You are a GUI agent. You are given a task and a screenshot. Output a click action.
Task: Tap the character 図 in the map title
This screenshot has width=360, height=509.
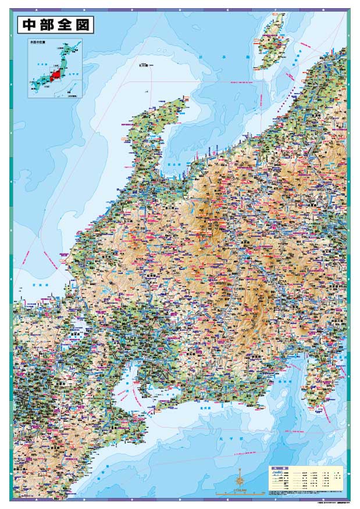[x=83, y=26]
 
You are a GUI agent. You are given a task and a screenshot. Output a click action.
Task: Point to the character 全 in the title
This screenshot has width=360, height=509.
[x=64, y=26]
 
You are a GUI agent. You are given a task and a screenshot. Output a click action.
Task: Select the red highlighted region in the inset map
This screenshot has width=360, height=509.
[x=56, y=74]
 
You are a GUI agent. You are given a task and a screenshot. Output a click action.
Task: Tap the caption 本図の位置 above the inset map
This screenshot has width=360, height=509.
[x=37, y=42]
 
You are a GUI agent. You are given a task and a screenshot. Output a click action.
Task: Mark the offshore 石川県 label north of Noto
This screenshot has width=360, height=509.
[x=145, y=65]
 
